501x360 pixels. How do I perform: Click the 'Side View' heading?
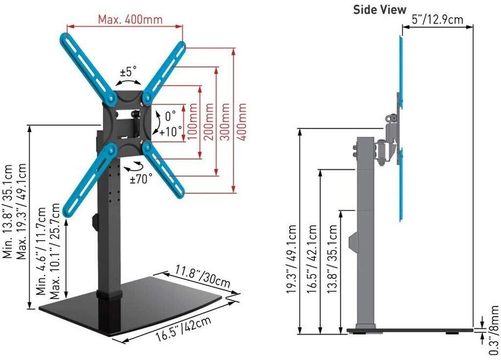tap(379, 10)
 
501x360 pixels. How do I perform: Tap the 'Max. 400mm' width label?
tap(130, 20)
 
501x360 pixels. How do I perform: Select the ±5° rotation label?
tap(128, 71)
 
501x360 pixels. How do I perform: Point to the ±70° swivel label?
tap(141, 179)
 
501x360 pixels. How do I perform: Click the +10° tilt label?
tap(171, 131)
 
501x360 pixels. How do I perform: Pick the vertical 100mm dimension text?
tap(192, 122)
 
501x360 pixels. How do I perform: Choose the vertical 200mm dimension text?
tap(208, 122)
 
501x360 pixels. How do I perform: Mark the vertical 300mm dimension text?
tap(225, 122)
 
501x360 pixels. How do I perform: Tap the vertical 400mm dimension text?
tap(242, 122)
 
